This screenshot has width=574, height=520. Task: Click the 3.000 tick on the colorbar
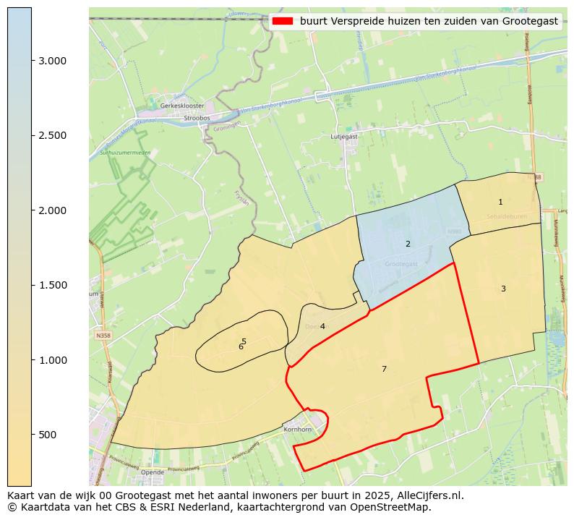pyautogui.click(x=53, y=61)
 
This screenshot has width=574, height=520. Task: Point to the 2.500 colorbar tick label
pyautogui.click(x=53, y=135)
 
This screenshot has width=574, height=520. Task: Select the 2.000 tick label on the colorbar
pyautogui.click(x=53, y=210)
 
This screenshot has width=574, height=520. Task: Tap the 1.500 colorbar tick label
pyautogui.click(x=53, y=285)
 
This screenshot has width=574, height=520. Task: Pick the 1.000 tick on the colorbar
pyautogui.click(x=53, y=360)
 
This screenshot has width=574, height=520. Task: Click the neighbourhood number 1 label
pyautogui.click(x=500, y=202)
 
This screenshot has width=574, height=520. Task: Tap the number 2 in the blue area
pyautogui.click(x=408, y=244)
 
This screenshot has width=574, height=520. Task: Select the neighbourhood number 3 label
pyautogui.click(x=503, y=289)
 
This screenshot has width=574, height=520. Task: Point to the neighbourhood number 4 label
pyautogui.click(x=322, y=326)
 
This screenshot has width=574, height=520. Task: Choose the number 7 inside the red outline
pyautogui.click(x=384, y=369)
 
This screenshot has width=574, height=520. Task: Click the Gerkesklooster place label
pyautogui.click(x=182, y=106)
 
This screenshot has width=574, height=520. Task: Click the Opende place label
pyautogui.click(x=153, y=472)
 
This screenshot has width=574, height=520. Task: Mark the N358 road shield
pyautogui.click(x=103, y=336)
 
